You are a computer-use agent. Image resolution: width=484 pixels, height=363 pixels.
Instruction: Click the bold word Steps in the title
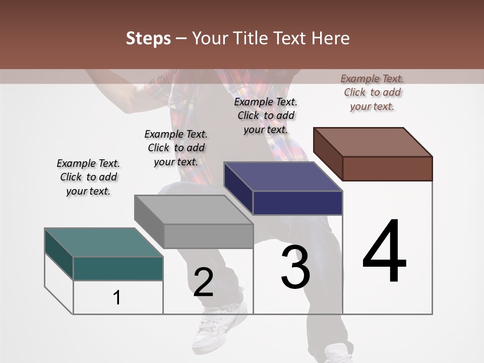[148, 38]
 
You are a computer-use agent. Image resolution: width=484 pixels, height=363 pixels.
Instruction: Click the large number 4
[384, 251]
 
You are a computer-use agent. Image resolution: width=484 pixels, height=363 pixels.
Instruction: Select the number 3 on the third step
[295, 267]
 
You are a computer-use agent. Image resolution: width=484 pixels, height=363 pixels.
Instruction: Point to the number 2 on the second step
[203, 283]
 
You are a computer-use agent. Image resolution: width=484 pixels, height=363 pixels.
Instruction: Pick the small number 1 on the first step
[117, 298]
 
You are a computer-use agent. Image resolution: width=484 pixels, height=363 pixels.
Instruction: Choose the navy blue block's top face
[283, 176]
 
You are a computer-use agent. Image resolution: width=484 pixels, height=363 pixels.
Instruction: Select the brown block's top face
[373, 142]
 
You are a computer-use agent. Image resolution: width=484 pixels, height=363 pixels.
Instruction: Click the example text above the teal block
[88, 177]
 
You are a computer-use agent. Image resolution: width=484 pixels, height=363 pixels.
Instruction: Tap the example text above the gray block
[176, 148]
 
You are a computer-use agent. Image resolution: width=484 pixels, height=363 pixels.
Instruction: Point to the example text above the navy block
[266, 115]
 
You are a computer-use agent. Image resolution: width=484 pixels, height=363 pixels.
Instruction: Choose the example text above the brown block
[372, 92]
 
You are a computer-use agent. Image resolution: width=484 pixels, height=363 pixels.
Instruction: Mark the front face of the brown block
[387, 168]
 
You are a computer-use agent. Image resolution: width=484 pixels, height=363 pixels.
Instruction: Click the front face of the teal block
[118, 268]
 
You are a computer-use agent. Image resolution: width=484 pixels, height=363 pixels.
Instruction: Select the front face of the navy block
[297, 203]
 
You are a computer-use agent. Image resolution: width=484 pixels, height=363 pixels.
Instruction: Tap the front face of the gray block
[208, 236]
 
